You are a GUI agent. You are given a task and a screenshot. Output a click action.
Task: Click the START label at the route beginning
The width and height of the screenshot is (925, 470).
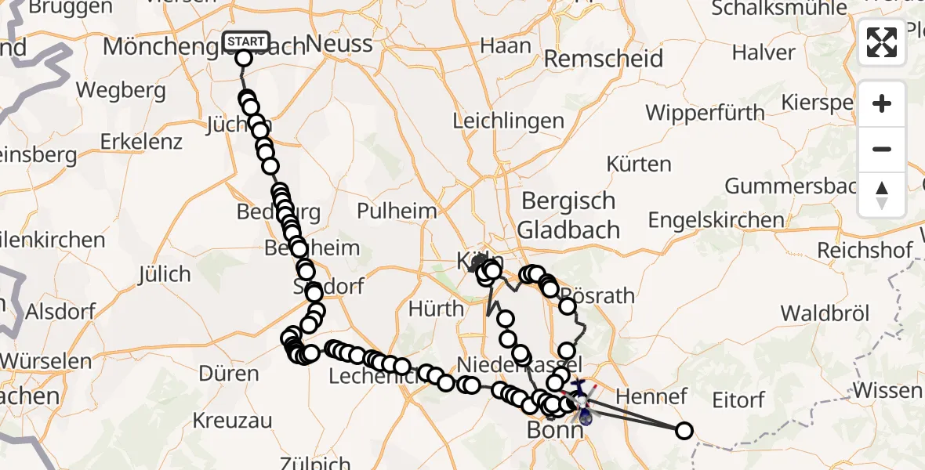tap(246, 41)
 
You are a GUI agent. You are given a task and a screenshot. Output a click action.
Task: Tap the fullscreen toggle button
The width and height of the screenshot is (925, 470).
tap(882, 42)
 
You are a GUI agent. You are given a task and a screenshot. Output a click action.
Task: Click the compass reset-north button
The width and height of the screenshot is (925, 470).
tap(882, 194)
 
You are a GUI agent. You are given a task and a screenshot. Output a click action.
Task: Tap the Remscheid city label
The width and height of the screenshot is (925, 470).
tap(604, 59)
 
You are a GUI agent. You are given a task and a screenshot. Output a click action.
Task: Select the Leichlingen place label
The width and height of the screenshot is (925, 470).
tap(509, 121)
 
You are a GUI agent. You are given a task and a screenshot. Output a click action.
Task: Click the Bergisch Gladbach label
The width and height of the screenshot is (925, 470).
tap(569, 215)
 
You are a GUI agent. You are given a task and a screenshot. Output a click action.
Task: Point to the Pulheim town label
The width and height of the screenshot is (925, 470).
tap(397, 211)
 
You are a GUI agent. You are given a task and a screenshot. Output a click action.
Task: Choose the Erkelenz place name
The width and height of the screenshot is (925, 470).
tap(142, 142)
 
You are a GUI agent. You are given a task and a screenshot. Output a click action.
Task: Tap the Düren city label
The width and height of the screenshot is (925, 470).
tap(229, 374)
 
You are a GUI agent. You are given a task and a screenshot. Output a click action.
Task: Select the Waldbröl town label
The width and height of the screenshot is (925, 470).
tap(825, 313)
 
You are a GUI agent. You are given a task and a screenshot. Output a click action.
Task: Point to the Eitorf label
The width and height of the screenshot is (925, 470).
tap(738, 400)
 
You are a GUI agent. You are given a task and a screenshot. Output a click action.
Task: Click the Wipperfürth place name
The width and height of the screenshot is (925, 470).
tap(706, 113)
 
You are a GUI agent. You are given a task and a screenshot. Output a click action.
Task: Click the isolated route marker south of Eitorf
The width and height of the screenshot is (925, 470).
tap(684, 430)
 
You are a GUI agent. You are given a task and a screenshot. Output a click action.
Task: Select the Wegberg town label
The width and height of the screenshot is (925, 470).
tap(121, 90)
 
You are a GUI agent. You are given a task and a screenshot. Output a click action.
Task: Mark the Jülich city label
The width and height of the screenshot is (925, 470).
tap(165, 275)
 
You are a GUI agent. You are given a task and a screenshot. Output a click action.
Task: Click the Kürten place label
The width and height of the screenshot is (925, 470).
tap(639, 164)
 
